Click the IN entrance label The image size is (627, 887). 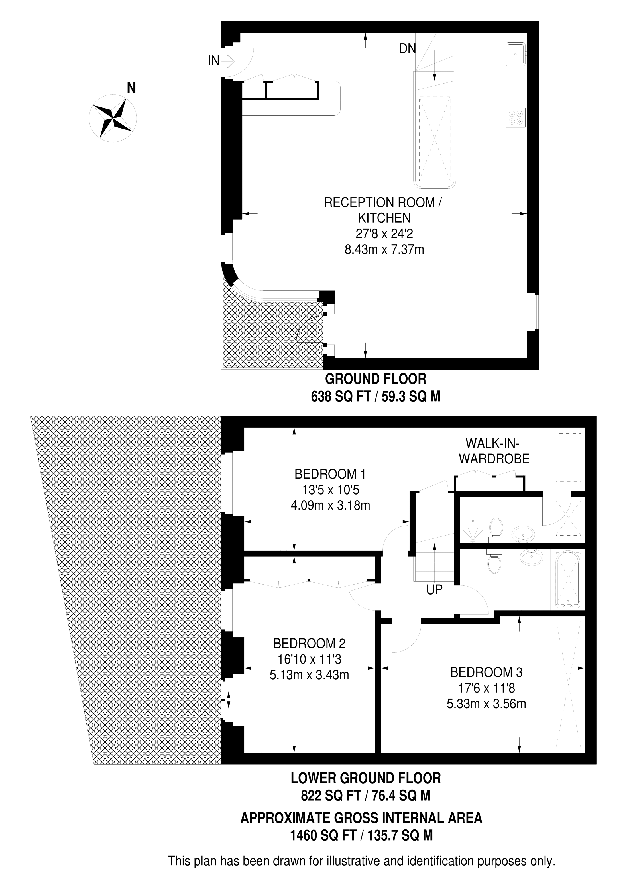pos(214,61)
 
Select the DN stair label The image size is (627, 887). pos(408,49)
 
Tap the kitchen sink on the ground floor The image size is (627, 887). pos(515,54)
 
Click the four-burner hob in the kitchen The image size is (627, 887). pos(516,117)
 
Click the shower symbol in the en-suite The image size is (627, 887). pos(474,531)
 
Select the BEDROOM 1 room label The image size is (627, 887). pos(330,474)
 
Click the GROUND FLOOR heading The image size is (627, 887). pos(376,379)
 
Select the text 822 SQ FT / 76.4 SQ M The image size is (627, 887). pos(365,796)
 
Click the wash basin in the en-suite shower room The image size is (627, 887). pos(524,535)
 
